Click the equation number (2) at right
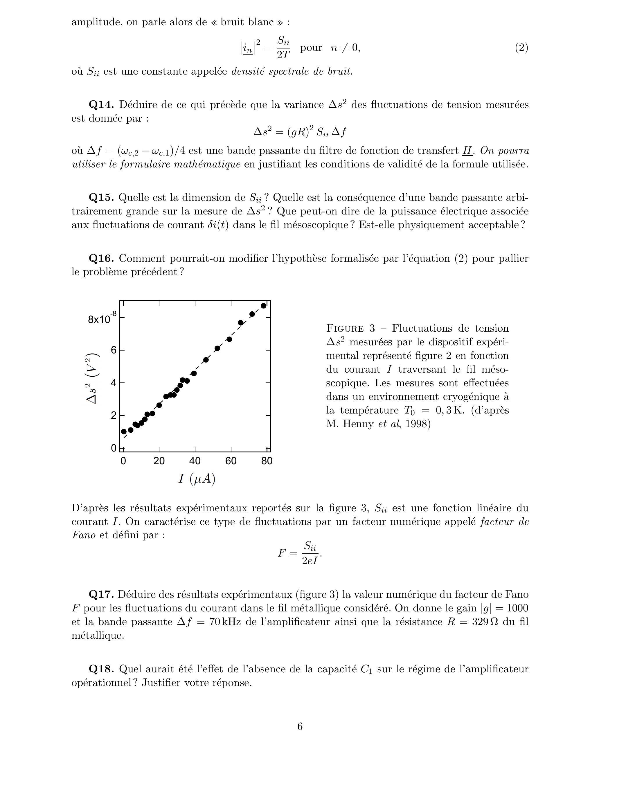pyautogui.click(x=521, y=48)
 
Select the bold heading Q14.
pyautogui.click(x=101, y=105)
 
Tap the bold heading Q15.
pyautogui.click(x=101, y=198)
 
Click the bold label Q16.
pyautogui.click(x=101, y=259)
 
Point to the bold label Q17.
pyautogui.click(x=101, y=595)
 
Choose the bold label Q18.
pyautogui.click(x=101, y=669)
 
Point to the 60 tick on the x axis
pyautogui.click(x=231, y=461)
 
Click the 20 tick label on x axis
pyautogui.click(x=159, y=461)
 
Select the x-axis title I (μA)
pyautogui.click(x=197, y=479)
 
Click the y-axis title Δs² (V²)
pyautogui.click(x=92, y=378)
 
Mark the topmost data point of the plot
pyautogui.click(x=264, y=306)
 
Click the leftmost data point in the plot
pyautogui.click(x=124, y=432)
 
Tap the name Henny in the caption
pyautogui.click(x=358, y=424)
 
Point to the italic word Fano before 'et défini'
pyautogui.click(x=83, y=535)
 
